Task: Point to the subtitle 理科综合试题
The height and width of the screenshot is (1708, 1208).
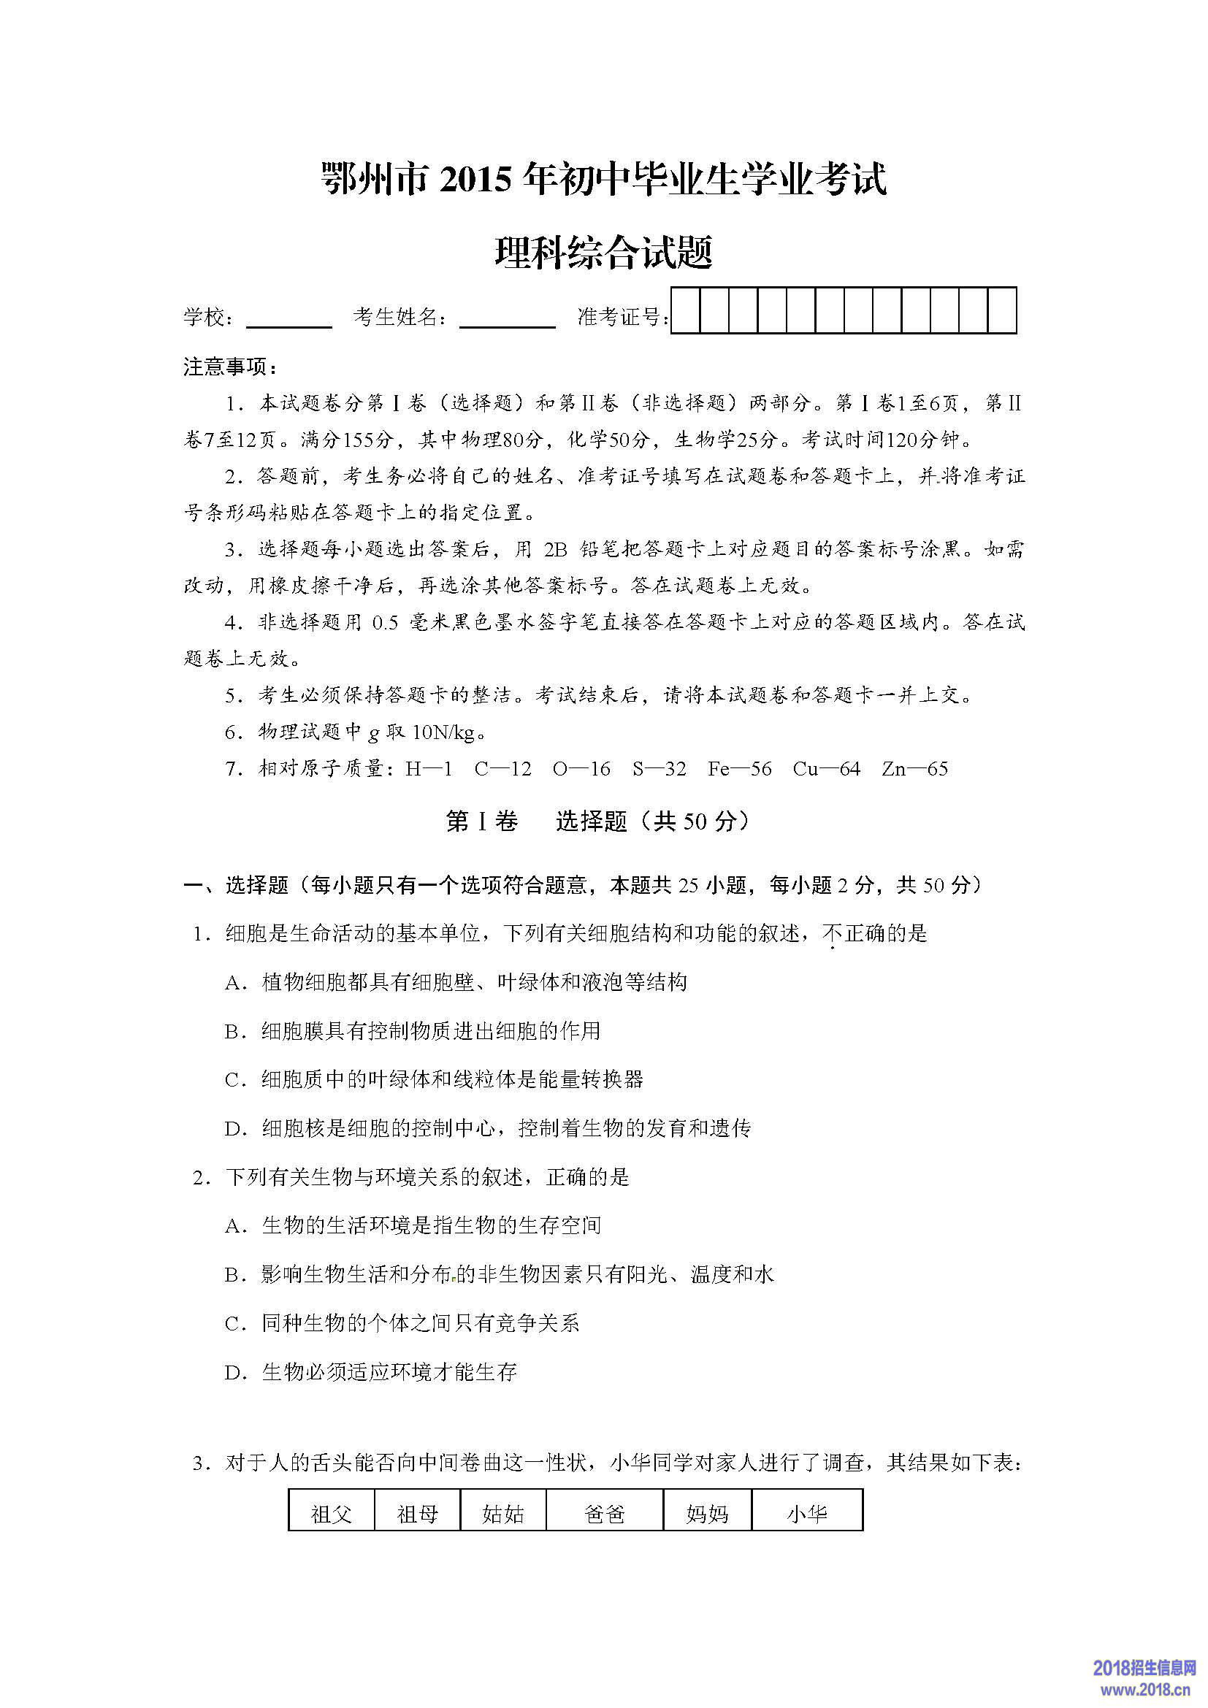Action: (x=603, y=252)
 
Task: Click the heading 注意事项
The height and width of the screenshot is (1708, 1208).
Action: (x=230, y=367)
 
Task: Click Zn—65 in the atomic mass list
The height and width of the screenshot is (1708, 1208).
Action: (x=914, y=768)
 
